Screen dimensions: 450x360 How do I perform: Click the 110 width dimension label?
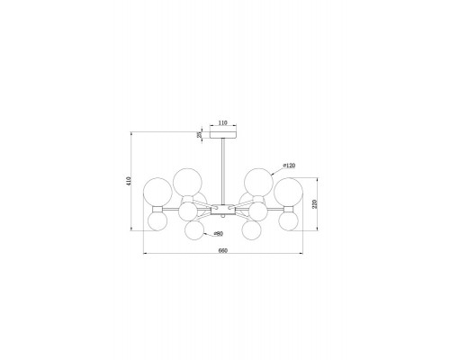pos(223,122)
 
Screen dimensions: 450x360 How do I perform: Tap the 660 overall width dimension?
pos(223,250)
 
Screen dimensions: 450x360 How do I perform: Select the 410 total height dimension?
pos(129,181)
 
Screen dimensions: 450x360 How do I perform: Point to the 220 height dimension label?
pos(315,204)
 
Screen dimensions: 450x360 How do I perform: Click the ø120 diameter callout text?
pos(289,166)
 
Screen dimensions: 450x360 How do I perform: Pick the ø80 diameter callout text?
pos(218,234)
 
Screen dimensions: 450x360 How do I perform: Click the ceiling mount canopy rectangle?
pos(223,134)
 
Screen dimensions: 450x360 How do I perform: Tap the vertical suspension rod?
pos(223,172)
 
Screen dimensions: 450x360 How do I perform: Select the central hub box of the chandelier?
pos(223,210)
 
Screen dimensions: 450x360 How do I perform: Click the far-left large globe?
pos(157,192)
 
